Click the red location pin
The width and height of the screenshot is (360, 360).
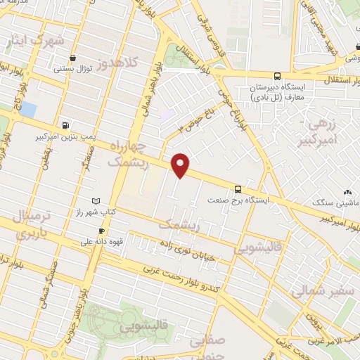coord(181,165)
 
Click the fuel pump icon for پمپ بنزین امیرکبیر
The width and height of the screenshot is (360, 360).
coord(66,126)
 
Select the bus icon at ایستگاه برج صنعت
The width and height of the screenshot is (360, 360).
coord(238,188)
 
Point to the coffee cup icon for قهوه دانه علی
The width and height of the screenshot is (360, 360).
coord(102,231)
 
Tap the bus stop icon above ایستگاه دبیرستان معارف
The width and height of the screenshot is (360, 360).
coord(277,76)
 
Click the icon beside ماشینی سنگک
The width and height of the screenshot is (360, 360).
coord(347,191)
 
